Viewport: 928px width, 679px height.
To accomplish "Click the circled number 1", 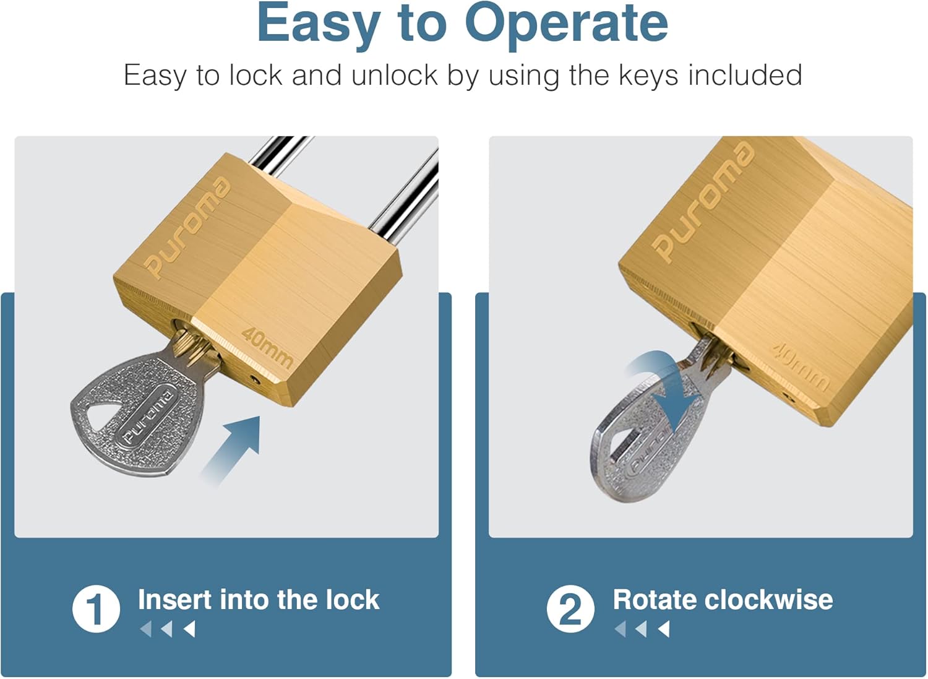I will point(96,609).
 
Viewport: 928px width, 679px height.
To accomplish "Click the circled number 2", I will point(570,609).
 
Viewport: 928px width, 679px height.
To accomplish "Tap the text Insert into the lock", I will point(258,600).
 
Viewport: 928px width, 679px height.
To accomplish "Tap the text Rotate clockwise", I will point(722,600).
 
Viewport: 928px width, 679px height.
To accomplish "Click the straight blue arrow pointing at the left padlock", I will point(232,449).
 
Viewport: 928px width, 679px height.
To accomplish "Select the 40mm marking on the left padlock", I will point(267,347).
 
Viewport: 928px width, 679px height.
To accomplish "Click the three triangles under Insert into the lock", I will point(168,629).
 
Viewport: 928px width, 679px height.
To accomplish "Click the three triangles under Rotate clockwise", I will point(642,629).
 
